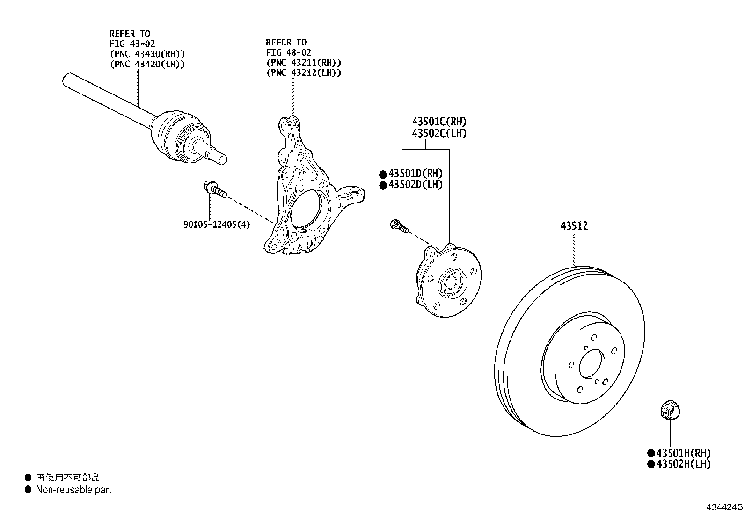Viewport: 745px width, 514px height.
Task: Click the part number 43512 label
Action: click(574, 226)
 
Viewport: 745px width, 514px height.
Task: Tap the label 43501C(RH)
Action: click(439, 122)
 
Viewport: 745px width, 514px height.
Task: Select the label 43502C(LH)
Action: click(439, 133)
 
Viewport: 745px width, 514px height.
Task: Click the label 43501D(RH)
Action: click(415, 174)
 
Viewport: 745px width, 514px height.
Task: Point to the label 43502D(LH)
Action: click(415, 185)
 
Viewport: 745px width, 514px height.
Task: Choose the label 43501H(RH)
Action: click(683, 453)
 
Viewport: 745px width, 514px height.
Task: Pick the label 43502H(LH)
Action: click(683, 464)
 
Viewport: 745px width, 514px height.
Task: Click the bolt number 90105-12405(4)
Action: click(217, 224)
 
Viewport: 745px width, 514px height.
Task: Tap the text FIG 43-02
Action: click(132, 43)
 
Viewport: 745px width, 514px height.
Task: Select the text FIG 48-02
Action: click(289, 52)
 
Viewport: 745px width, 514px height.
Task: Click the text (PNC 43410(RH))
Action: click(147, 54)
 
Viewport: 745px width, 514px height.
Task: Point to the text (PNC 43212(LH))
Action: click(304, 72)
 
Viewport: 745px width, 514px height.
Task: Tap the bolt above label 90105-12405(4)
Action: click(215, 189)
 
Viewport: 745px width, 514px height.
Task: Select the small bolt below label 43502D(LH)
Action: click(399, 226)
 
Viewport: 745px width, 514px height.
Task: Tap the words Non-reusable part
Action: click(73, 490)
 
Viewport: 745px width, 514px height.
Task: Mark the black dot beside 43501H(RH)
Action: click(650, 453)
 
